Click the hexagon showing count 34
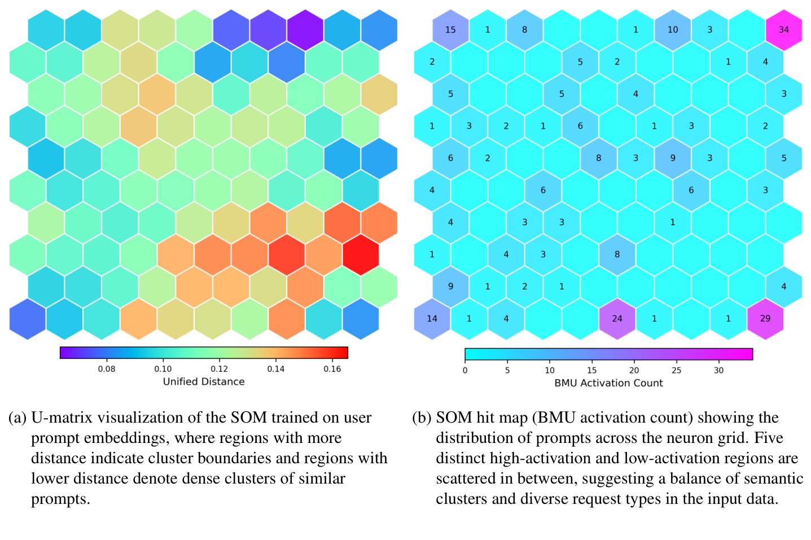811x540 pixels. (x=783, y=29)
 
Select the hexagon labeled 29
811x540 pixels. (x=765, y=318)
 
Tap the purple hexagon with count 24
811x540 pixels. (x=617, y=318)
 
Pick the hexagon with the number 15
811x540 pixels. (x=450, y=29)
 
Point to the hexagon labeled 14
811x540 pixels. (x=432, y=318)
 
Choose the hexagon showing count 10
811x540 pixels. (x=672, y=29)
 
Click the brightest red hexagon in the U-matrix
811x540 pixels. (x=360, y=254)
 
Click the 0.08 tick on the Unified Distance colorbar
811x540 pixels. (x=107, y=369)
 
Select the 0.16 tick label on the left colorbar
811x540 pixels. (x=332, y=369)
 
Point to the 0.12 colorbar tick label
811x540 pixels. (x=219, y=369)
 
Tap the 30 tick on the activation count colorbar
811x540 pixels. (x=718, y=370)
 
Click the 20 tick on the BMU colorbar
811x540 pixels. (x=634, y=370)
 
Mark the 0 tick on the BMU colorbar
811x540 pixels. (x=465, y=370)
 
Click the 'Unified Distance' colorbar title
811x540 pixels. (x=204, y=381)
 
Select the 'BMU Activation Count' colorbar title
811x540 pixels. (x=608, y=383)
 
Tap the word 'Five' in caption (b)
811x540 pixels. (x=768, y=438)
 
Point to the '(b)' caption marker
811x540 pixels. (x=421, y=418)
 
